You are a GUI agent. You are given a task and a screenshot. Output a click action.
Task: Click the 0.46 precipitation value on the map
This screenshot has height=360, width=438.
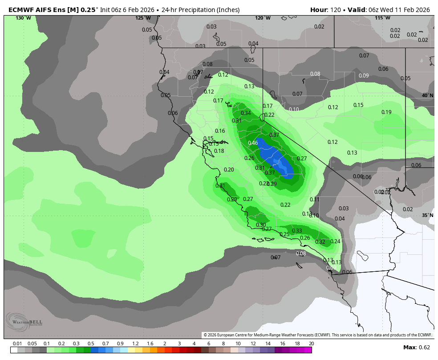pyautogui.click(x=253, y=143)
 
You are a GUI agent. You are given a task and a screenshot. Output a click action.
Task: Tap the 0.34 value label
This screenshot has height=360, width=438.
pyautogui.click(x=246, y=113)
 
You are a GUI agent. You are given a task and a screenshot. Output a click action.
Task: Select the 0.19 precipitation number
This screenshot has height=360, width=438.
pyautogui.click(x=386, y=112)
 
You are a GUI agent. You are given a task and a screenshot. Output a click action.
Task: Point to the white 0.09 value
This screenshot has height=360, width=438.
pyautogui.click(x=364, y=76)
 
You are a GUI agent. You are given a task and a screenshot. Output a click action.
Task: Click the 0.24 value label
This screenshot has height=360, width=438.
pyautogui.click(x=335, y=241)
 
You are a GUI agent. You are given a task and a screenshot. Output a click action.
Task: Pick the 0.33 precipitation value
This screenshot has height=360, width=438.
pyautogui.click(x=297, y=231)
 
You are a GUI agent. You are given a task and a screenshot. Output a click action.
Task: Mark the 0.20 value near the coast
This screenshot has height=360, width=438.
pyautogui.click(x=229, y=170)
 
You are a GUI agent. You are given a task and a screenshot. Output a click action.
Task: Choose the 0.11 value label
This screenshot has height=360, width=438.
pyautogui.click(x=315, y=200)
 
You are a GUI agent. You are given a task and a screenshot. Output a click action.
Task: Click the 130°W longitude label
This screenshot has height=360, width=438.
pyautogui.click(x=23, y=18)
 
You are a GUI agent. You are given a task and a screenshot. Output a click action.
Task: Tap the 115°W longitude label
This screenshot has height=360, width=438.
pyautogui.click(x=382, y=18)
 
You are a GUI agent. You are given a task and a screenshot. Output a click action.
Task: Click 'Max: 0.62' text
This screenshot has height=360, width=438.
pyautogui.click(x=417, y=348)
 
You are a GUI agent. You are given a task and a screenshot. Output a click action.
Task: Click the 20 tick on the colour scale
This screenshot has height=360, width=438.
pyautogui.click(x=311, y=344)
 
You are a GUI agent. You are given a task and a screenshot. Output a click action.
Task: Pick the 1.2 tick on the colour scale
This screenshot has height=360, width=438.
pyautogui.click(x=135, y=344)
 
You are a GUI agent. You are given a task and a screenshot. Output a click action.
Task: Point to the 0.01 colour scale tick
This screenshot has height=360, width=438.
pyautogui.click(x=18, y=344)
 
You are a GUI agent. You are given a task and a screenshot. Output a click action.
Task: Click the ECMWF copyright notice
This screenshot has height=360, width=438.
pyautogui.click(x=317, y=335)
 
